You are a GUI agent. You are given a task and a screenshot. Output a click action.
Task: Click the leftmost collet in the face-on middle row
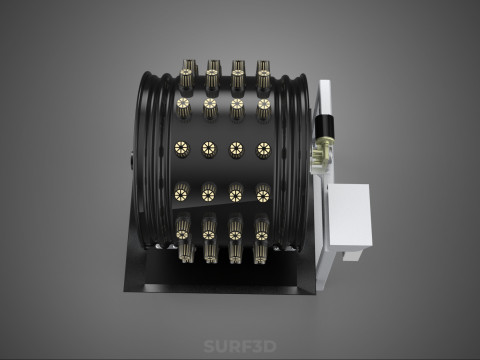click(x=182, y=149)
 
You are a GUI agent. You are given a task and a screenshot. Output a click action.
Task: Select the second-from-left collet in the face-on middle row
click(x=209, y=149)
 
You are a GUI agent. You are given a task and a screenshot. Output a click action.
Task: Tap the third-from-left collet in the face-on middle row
click(x=236, y=150)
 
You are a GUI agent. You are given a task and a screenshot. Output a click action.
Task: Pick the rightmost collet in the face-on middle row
click(x=263, y=150)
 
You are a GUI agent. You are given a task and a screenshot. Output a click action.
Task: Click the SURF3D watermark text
click(x=240, y=346)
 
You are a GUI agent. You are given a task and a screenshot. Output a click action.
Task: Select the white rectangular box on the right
click(x=350, y=216)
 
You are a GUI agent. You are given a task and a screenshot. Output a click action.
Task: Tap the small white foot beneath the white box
click(x=351, y=255)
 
